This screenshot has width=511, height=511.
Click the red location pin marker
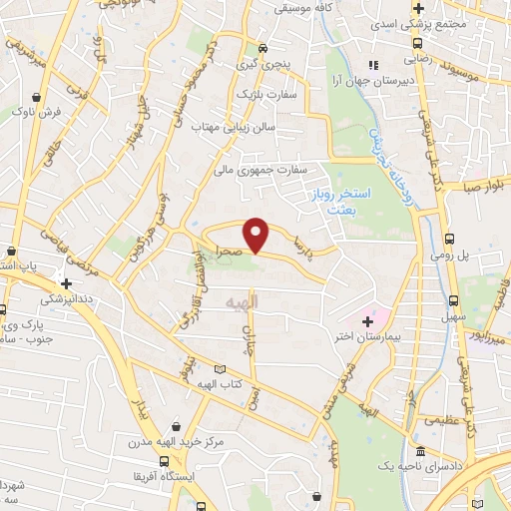click(x=257, y=235)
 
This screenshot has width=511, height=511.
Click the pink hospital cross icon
click(x=367, y=321)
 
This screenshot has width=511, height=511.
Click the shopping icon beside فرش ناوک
click(x=37, y=99)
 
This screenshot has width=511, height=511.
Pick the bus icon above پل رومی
click(x=450, y=239)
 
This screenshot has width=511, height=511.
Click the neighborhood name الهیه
click(x=242, y=300)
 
